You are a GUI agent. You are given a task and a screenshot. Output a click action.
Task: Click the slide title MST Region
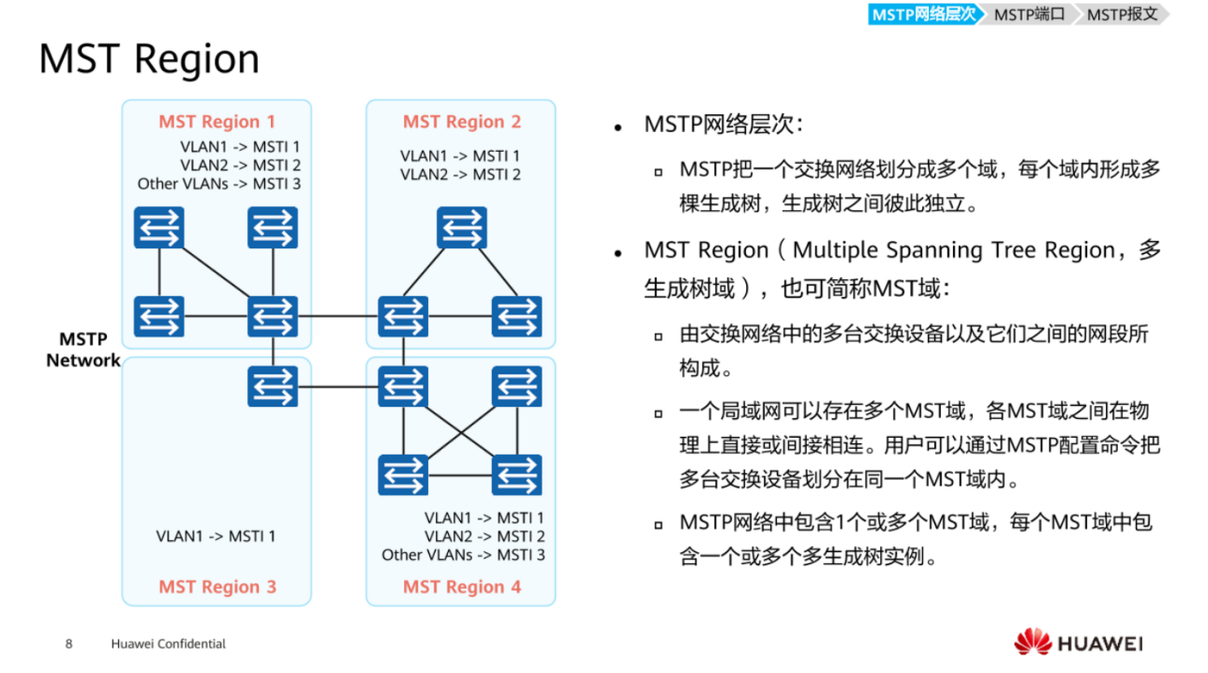[x=149, y=59]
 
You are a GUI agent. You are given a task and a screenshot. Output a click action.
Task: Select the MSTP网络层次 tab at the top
[x=923, y=14]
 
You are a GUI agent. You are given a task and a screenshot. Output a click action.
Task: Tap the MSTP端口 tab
[x=1029, y=14]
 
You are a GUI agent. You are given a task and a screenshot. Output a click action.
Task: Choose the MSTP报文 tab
[x=1122, y=14]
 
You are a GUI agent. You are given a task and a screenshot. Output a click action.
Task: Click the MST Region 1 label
[x=216, y=122]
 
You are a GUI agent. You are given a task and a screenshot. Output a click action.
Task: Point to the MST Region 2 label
[x=461, y=122]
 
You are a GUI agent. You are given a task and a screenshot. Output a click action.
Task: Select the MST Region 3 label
[x=216, y=587]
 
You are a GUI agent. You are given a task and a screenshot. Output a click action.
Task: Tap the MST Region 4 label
[x=461, y=587]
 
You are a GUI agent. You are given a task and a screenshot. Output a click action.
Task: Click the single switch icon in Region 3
[x=273, y=386]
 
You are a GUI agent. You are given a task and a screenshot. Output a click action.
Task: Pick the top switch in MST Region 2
[x=461, y=228]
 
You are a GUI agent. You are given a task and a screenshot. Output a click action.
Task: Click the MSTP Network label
[x=83, y=350]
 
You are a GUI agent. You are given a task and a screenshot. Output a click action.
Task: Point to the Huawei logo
[x=1078, y=643]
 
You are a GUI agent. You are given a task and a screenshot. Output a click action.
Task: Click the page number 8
[x=68, y=644]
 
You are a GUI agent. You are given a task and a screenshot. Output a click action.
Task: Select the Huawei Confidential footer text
[x=168, y=644]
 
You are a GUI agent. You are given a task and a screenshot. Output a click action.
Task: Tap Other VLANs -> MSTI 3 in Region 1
[x=218, y=184]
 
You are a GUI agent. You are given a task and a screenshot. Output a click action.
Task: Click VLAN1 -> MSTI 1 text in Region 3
[x=216, y=536]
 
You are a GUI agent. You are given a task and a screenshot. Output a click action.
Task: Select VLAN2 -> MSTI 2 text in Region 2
[x=460, y=174]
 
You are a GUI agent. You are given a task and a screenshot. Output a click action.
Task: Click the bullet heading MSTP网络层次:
[x=723, y=125]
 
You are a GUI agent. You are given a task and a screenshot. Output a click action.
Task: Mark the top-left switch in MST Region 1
[x=158, y=228]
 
